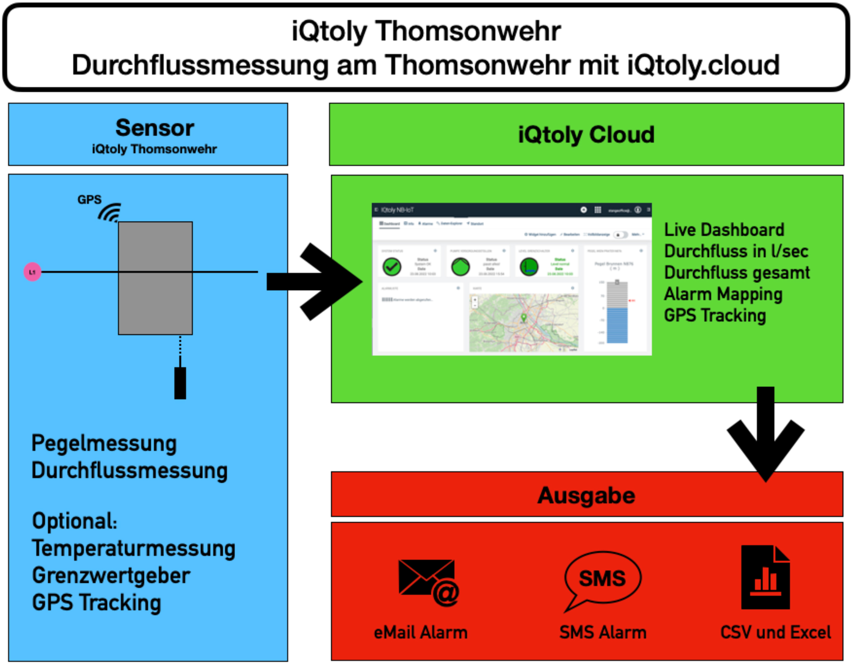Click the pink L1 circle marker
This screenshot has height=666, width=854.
tap(32, 272)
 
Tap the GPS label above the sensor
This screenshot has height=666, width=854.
tap(89, 200)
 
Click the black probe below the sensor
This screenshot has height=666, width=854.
tap(180, 382)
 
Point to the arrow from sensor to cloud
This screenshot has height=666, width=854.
tap(315, 281)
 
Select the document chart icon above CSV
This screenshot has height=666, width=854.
tap(765, 577)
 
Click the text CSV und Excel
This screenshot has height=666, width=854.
tap(775, 632)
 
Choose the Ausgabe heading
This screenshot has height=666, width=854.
tap(586, 495)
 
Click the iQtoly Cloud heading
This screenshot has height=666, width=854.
tap(586, 135)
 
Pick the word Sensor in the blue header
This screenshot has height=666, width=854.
tap(155, 128)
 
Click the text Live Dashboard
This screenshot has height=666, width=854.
tap(724, 230)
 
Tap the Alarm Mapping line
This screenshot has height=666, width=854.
tap(723, 294)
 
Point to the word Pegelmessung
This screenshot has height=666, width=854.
tap(104, 444)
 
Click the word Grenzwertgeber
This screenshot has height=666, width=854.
tap(111, 576)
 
